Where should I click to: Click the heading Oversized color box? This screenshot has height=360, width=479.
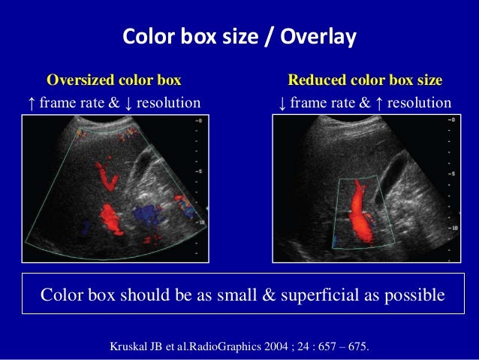tap(114, 80)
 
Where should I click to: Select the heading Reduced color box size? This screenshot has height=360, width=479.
tap(365, 80)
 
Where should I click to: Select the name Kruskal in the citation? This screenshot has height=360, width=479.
tap(130, 347)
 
